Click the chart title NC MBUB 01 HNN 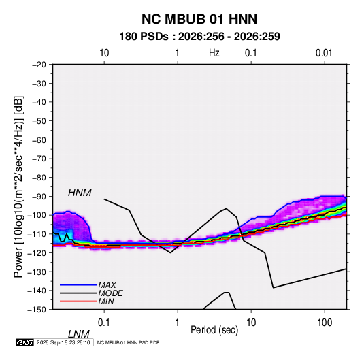tap(199, 19)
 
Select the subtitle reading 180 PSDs tap(144, 37)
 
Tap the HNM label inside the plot tap(80, 193)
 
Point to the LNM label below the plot tap(79, 334)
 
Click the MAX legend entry tap(107, 284)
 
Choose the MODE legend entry tap(110, 293)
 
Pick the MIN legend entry tap(106, 301)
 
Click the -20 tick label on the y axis tap(39, 65)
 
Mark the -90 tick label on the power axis tap(39, 197)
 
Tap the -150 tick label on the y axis tap(37, 310)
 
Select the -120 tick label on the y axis tap(37, 253)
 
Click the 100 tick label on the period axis tap(325, 323)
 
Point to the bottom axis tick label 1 tap(178, 323)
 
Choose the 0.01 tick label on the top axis tap(324, 53)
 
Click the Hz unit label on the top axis tap(214, 53)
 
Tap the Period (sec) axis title tap(214, 330)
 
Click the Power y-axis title tap(18, 186)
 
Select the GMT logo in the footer tap(25, 342)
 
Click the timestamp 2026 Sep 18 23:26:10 tap(63, 342)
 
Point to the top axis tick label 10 tap(104, 53)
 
